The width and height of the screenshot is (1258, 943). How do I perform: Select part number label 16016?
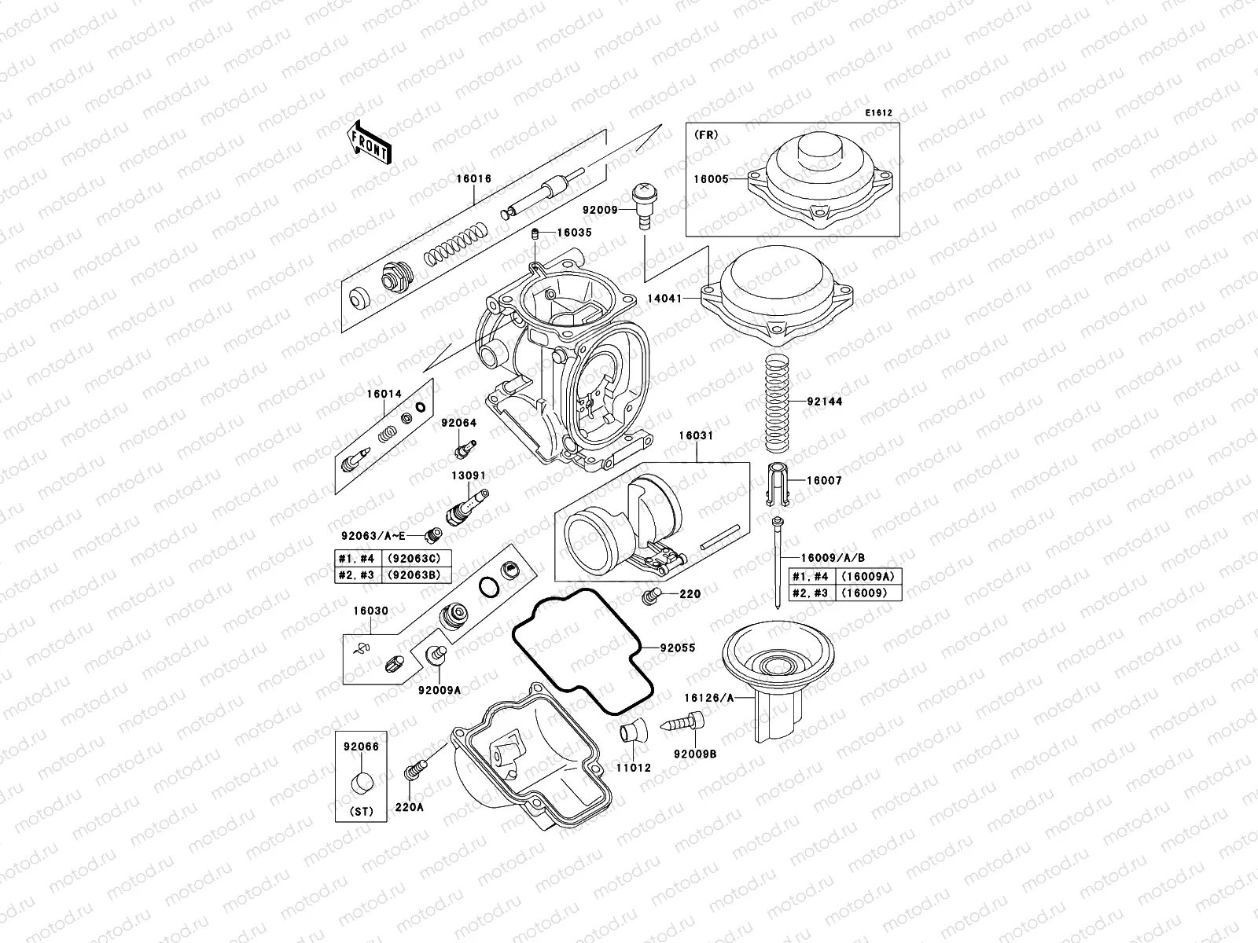[x=473, y=179]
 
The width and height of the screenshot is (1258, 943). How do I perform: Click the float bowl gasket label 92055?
[x=678, y=648]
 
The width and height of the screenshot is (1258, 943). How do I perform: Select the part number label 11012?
[x=633, y=768]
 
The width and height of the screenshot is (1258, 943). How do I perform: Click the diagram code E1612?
[x=879, y=113]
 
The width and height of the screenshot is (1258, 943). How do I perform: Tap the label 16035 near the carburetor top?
[x=574, y=233]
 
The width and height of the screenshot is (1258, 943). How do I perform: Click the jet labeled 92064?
[x=462, y=450]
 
